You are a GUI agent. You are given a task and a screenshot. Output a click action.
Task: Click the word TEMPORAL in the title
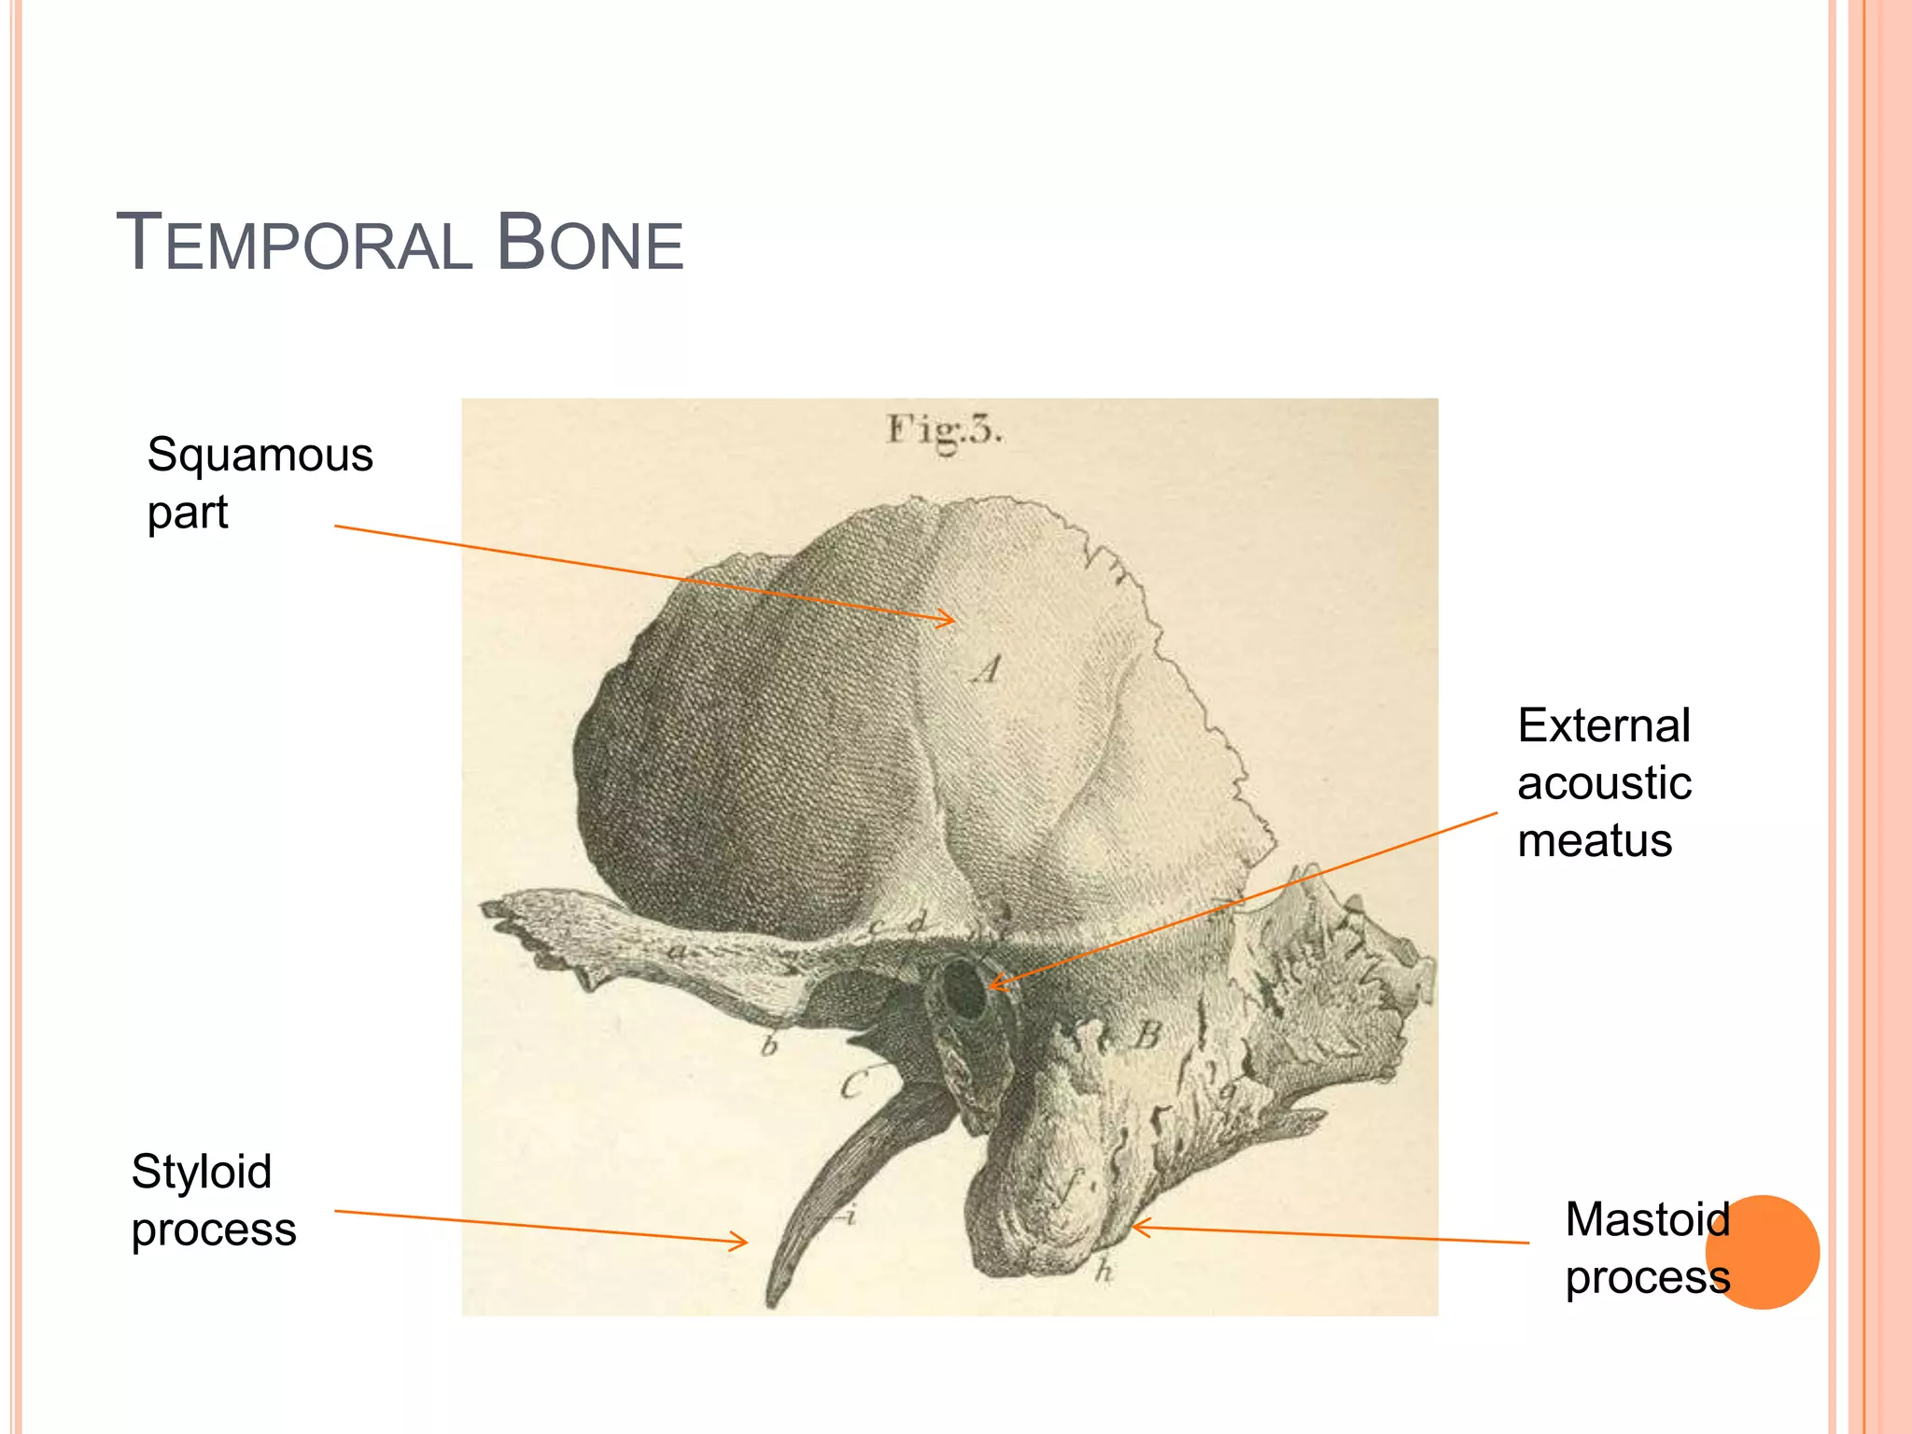[x=294, y=243]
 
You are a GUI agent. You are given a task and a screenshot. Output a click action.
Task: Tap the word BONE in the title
[x=590, y=243]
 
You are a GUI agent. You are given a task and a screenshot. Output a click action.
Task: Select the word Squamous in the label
[x=260, y=456]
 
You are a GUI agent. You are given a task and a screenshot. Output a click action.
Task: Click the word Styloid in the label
[x=202, y=1172]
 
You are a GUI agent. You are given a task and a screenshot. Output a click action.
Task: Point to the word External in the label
[x=1603, y=726]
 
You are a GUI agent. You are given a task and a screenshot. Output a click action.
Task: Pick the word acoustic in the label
[x=1604, y=783]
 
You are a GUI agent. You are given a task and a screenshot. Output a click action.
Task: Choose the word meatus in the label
[x=1594, y=840]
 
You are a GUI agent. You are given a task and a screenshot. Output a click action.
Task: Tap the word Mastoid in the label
[x=1647, y=1219]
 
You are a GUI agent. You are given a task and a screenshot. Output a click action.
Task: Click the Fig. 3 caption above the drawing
[x=944, y=430]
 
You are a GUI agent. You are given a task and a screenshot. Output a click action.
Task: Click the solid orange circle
[x=1763, y=1252]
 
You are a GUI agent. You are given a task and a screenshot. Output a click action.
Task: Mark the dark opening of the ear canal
[x=963, y=991]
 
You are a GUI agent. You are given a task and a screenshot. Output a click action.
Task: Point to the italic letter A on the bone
[x=987, y=668]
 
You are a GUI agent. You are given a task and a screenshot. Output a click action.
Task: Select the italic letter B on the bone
[x=1147, y=1035]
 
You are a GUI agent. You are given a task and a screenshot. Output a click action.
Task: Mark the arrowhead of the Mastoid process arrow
[x=1135, y=1227]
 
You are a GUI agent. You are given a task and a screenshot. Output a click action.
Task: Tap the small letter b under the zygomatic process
[x=769, y=1046]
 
